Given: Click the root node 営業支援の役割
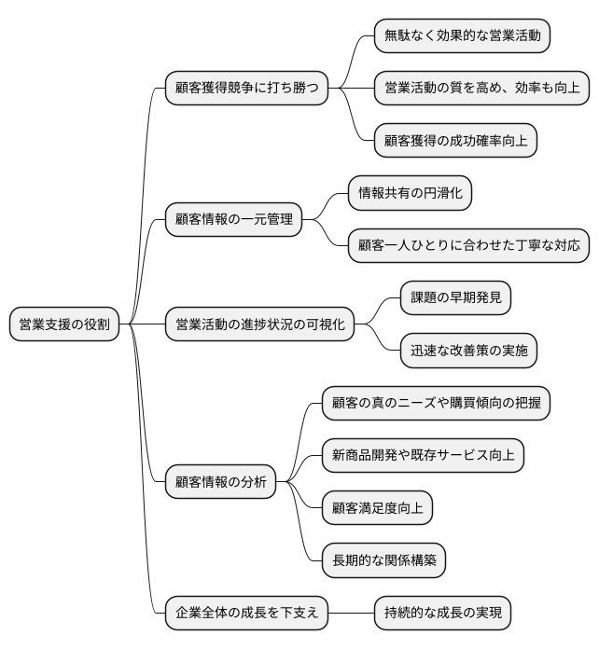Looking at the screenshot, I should pos(63,324).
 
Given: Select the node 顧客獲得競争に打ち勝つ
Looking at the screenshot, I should pos(246,89).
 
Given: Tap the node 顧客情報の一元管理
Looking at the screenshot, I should pos(233,219).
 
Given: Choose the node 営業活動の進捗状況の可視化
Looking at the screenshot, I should pos(259,324).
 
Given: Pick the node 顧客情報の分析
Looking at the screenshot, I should pos(220,481).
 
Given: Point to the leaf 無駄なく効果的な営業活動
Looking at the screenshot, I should pos(461,36).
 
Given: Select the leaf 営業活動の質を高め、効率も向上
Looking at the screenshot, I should pos(481,89).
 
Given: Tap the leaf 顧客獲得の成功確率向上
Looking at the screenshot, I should pos(454,141).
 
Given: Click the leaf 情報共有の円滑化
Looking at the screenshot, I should pos(410,193).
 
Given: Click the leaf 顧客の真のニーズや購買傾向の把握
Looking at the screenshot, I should pos(435,403).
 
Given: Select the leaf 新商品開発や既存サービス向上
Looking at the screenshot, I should pos(422,455).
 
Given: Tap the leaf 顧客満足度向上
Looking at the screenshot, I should pos(376,507).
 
